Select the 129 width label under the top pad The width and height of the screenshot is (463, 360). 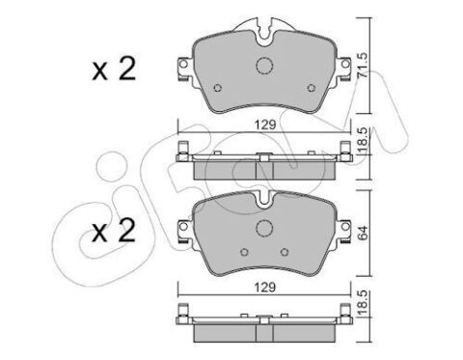(x=265, y=125)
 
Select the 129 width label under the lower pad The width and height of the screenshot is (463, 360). (x=265, y=288)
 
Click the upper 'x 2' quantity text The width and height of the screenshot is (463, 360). (x=114, y=69)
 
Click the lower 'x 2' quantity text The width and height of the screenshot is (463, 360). (x=114, y=230)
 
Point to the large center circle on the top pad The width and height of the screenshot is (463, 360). (x=264, y=66)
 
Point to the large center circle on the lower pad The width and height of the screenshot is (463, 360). (x=264, y=228)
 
